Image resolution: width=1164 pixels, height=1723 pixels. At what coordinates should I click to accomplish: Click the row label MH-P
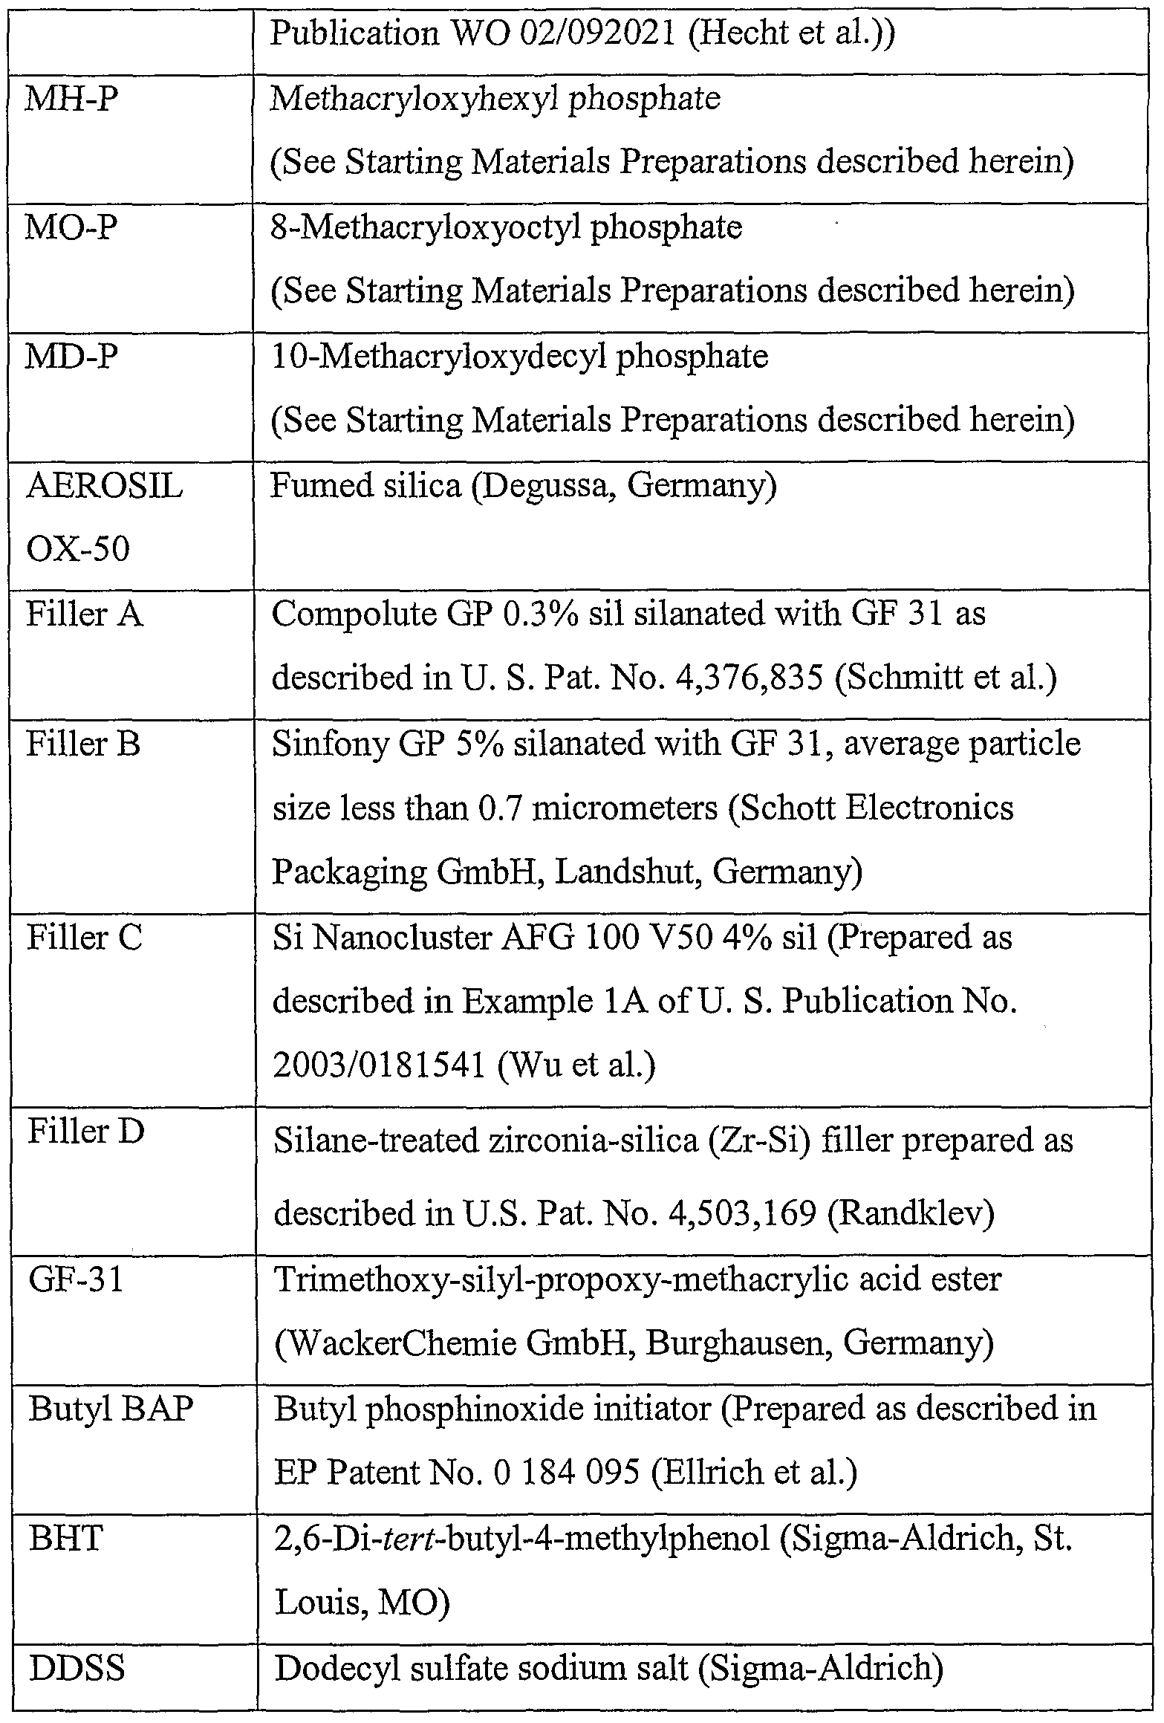click(x=71, y=100)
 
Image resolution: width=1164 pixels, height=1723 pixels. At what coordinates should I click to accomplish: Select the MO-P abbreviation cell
click(x=71, y=228)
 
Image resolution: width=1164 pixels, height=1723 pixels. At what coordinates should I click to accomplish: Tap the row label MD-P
click(x=71, y=357)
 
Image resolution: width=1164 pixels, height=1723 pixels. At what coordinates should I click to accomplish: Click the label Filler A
click(x=85, y=615)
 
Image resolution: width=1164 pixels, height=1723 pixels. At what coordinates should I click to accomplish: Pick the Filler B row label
click(x=83, y=744)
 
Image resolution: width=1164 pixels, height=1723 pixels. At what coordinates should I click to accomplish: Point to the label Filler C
click(x=84, y=938)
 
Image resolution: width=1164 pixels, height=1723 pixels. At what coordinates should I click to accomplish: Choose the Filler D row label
click(x=85, y=1132)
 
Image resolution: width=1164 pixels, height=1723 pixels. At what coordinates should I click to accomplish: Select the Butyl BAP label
click(x=111, y=1409)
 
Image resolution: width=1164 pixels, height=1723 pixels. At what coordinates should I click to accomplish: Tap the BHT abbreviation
click(x=65, y=1539)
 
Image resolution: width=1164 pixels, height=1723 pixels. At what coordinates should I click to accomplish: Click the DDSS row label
click(x=77, y=1669)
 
